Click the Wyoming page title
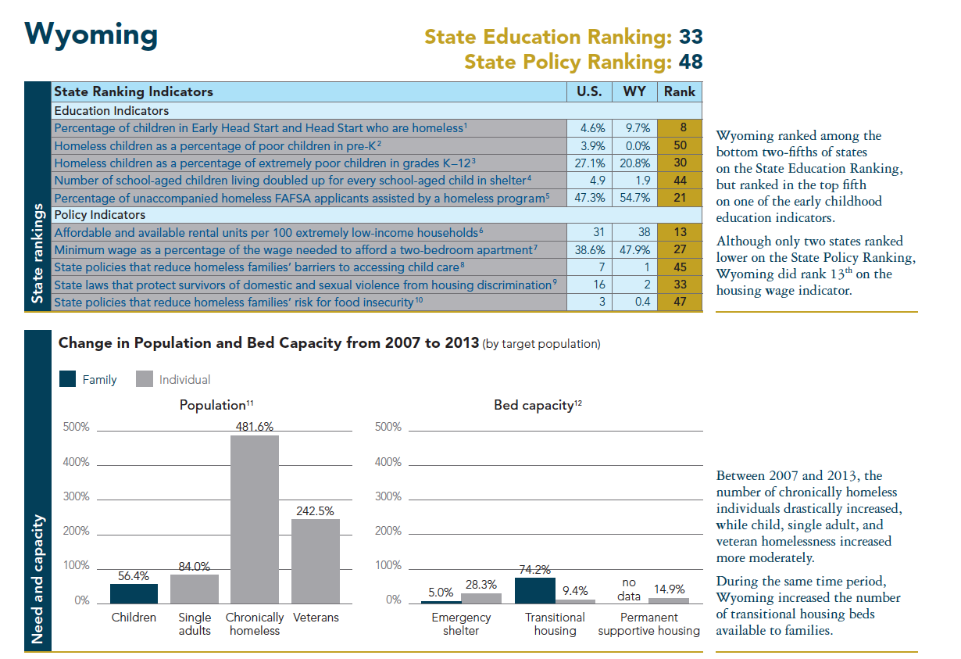coord(91,34)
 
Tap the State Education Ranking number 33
coord(691,37)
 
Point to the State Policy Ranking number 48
coord(691,61)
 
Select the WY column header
coord(634,91)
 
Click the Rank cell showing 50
coord(680,145)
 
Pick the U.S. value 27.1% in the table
coord(588,163)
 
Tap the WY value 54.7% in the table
coord(634,198)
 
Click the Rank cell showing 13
coord(680,232)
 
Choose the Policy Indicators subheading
coord(99,214)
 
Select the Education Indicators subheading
coord(112,111)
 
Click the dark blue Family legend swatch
coord(68,379)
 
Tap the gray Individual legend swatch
coord(144,379)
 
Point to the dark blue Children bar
coord(134,593)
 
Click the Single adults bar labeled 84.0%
coord(195,589)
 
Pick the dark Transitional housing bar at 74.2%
coord(535,590)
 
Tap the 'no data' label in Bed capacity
coord(629,589)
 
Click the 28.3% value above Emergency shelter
coord(481,585)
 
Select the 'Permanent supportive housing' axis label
coord(649,624)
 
